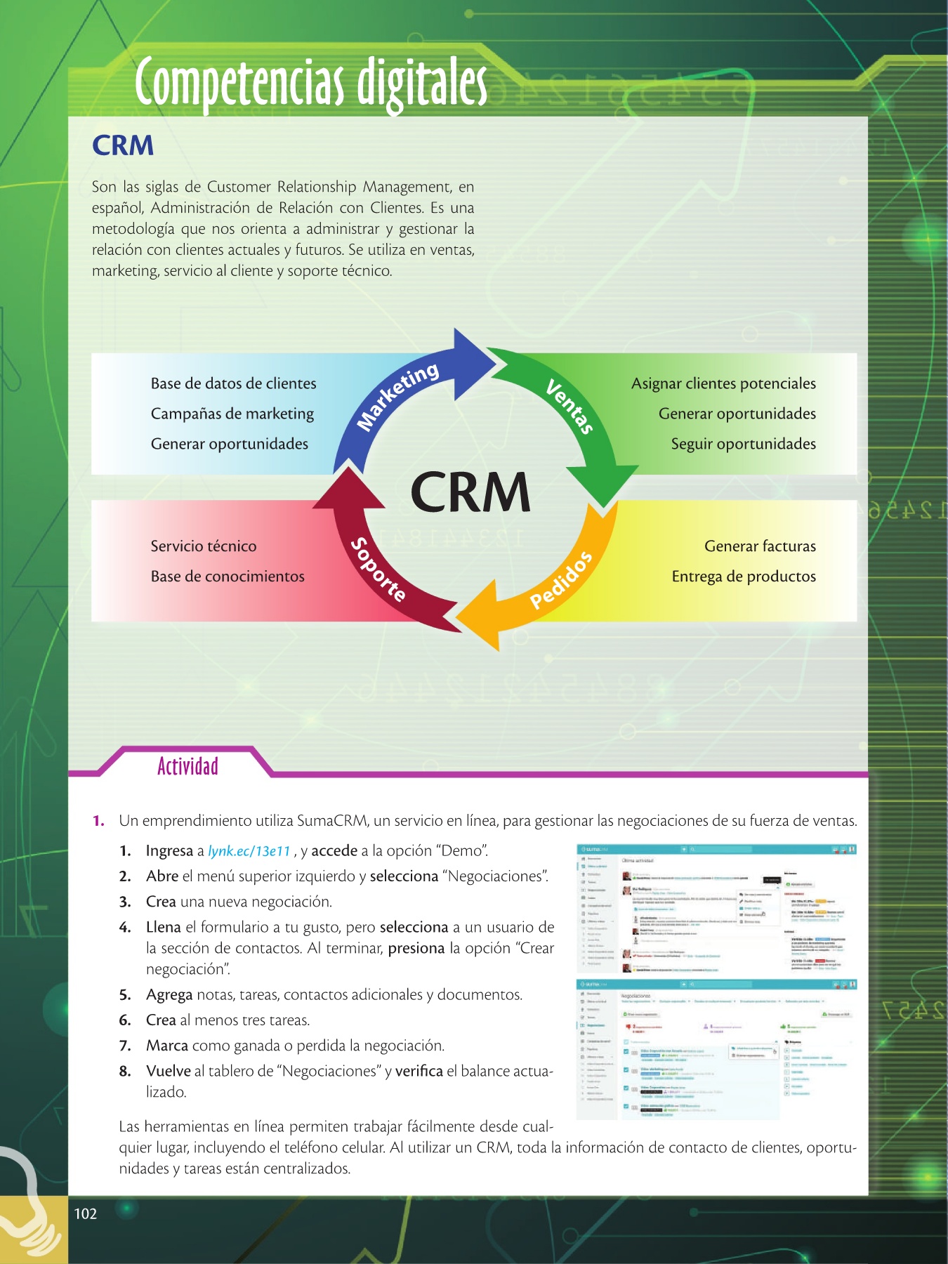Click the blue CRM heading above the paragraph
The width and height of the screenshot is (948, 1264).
[123, 145]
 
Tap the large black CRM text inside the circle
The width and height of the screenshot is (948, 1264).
[470, 492]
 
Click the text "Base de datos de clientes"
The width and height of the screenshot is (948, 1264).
[233, 383]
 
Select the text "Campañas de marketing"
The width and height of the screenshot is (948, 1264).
[232, 414]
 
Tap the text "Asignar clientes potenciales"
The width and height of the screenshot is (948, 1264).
[723, 383]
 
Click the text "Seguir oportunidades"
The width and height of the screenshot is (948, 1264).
[743, 444]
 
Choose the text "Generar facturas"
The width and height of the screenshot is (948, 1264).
[760, 546]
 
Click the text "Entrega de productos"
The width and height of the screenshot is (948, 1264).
[744, 577]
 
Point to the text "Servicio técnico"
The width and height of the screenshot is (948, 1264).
[204, 546]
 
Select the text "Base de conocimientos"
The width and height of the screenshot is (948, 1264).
[228, 577]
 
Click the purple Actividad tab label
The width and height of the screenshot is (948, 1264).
[187, 766]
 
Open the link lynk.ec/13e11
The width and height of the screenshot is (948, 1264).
[249, 851]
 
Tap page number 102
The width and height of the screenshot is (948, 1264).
[86, 1213]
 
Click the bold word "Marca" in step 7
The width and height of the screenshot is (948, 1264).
[167, 1046]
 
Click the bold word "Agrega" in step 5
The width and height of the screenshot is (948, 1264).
[169, 994]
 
